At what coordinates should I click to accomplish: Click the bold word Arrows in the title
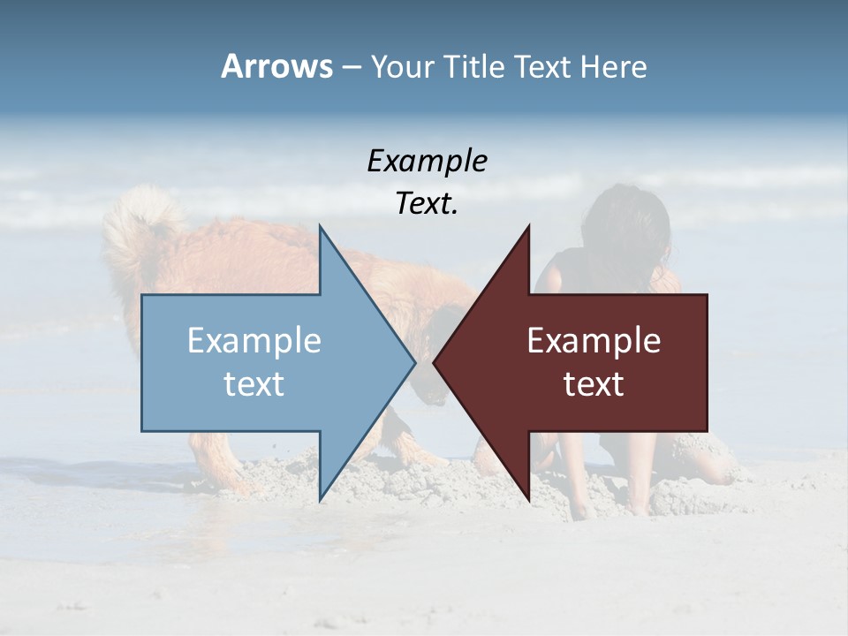276,66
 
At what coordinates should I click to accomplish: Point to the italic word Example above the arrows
427,161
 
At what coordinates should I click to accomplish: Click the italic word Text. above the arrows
427,203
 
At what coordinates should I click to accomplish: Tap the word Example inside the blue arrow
254,341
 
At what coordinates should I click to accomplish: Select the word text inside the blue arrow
254,383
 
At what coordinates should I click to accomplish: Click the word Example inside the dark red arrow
594,341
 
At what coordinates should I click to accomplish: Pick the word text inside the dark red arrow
594,383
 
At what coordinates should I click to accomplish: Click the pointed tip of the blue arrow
414,362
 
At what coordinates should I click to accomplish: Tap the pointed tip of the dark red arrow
435,362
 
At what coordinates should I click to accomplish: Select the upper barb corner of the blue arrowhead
320,227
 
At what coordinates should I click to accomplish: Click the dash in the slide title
351,67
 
